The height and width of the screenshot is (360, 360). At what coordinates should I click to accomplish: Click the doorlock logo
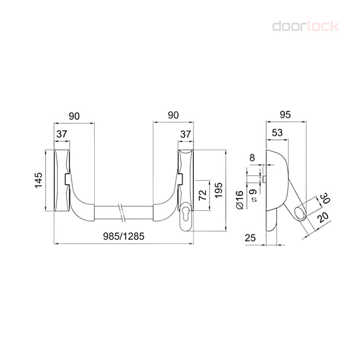pos(305,25)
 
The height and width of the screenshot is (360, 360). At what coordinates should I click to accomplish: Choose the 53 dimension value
pos(277,132)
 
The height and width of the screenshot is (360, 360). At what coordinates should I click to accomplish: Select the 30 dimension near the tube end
pos(325,198)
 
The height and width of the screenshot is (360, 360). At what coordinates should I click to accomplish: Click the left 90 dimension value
pos(74,116)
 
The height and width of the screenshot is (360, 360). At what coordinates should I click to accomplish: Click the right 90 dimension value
pos(173,116)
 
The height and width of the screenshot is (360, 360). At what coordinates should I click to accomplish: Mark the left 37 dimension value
pos(62,134)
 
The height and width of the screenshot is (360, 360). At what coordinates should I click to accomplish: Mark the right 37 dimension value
pos(185,134)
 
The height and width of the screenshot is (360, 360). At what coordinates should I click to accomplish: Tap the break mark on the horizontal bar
pos(123,212)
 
